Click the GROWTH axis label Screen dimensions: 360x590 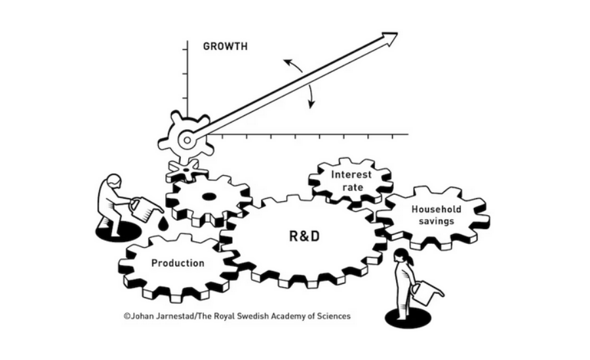tap(225, 47)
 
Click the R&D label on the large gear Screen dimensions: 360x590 tap(304, 235)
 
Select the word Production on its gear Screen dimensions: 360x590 tap(178, 263)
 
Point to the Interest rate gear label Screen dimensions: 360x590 tap(351, 180)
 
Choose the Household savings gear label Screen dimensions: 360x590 tap(436, 215)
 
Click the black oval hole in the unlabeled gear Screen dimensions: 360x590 tap(208, 197)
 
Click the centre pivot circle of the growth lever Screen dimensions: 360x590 tap(187, 139)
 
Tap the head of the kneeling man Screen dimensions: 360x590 tap(114, 180)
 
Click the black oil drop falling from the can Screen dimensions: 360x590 tap(163, 224)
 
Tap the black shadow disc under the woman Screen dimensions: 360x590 tap(403, 318)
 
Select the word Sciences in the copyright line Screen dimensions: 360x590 tap(333, 316)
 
